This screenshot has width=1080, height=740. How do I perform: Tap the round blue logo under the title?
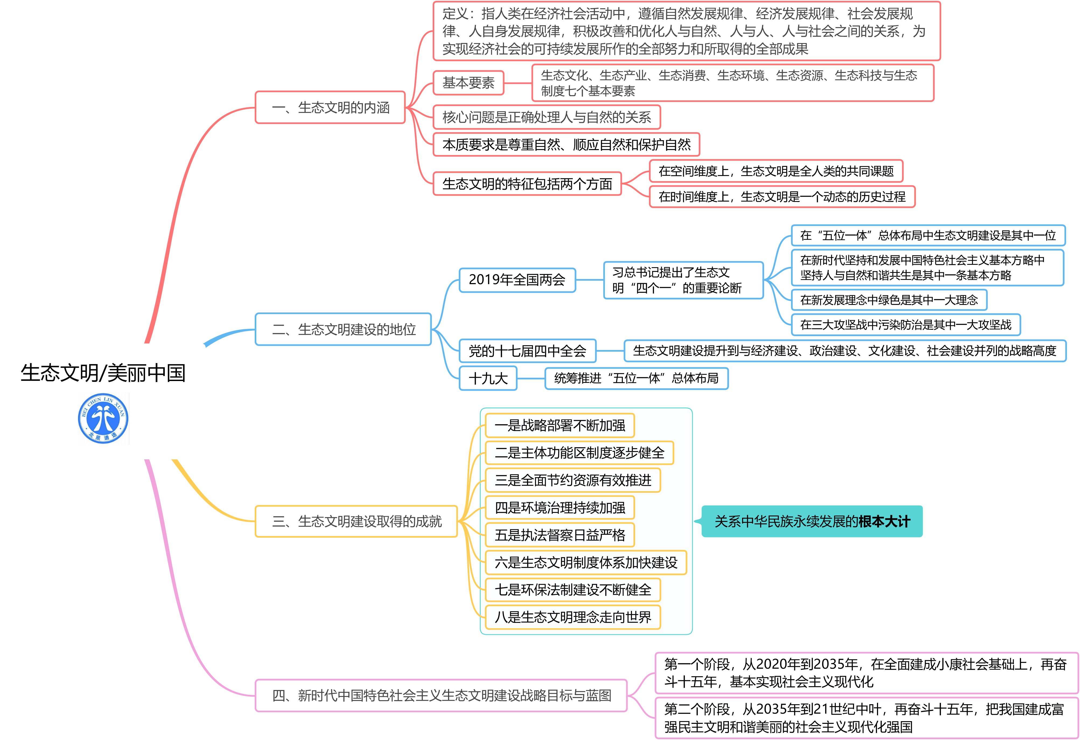pyautogui.click(x=103, y=418)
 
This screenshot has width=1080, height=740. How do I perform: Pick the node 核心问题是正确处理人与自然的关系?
pyautogui.click(x=547, y=117)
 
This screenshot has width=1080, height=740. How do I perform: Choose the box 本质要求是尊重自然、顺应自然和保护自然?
pyautogui.click(x=566, y=145)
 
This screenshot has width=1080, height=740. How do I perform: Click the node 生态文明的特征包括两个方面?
pyautogui.click(x=527, y=184)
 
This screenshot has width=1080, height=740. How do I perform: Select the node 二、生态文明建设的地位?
pyautogui.click(x=343, y=329)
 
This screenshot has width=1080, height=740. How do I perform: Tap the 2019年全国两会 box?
pyautogui.click(x=517, y=280)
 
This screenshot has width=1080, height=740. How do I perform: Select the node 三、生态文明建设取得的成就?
pyautogui.click(x=356, y=521)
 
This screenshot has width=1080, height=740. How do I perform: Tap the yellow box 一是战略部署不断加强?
pyautogui.click(x=560, y=425)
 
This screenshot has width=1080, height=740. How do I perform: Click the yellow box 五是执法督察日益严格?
pyautogui.click(x=560, y=535)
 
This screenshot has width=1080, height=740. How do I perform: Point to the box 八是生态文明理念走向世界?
pyautogui.click(x=572, y=617)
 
